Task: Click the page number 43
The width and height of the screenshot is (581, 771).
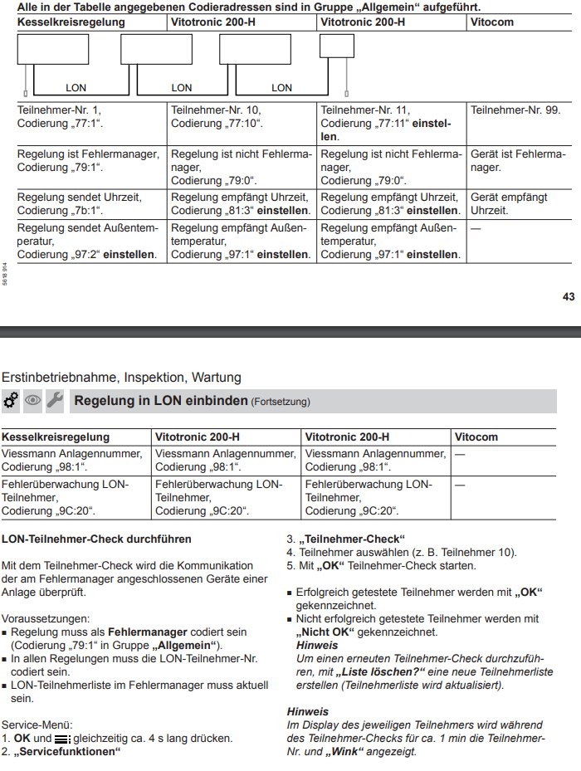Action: (569, 296)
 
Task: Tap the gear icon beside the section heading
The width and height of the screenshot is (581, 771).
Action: (12, 401)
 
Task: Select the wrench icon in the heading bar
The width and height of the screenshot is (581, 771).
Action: (55, 401)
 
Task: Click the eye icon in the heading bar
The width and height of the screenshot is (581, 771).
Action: (33, 401)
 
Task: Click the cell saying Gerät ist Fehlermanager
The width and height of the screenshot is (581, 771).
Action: (517, 161)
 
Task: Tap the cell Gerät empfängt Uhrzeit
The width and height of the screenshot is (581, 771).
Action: (510, 203)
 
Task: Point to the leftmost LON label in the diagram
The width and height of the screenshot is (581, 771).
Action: (76, 87)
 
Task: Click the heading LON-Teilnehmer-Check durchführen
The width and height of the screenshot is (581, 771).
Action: (96, 539)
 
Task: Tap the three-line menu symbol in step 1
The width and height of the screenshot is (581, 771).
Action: (63, 739)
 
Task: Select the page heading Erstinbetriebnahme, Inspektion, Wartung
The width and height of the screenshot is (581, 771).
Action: (121, 377)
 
